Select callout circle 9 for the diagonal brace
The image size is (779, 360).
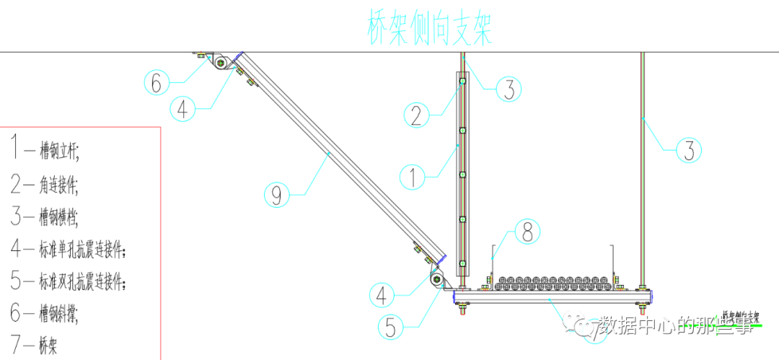278,193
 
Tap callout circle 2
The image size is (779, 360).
416,115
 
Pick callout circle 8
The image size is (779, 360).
527,232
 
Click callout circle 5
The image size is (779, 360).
389,328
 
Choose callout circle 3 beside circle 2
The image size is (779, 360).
509,89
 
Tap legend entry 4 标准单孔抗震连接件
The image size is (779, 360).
69,250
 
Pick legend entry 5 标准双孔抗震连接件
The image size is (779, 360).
69,282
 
